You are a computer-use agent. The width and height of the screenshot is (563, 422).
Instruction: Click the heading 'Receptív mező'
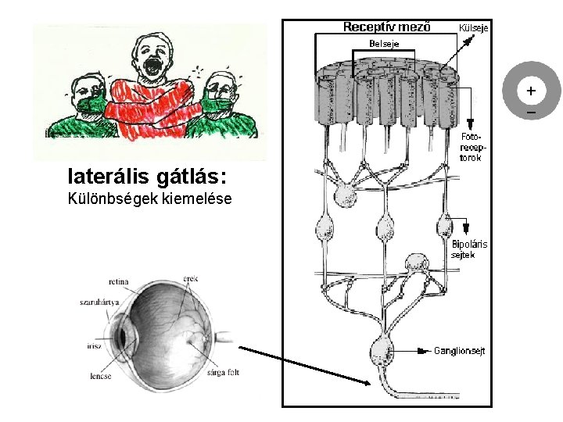[x=386, y=27]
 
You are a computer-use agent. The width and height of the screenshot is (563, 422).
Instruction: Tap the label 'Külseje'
[x=474, y=28]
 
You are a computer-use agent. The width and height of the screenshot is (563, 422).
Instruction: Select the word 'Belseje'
[x=384, y=44]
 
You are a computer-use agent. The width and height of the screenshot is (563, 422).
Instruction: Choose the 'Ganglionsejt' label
[x=459, y=351]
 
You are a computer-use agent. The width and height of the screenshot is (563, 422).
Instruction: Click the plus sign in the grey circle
[x=531, y=91]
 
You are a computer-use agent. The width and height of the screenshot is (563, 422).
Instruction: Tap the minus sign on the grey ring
[x=531, y=114]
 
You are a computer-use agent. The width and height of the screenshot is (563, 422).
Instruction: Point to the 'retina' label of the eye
[x=118, y=281]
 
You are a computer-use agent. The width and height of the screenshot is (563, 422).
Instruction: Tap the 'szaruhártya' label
[x=97, y=301]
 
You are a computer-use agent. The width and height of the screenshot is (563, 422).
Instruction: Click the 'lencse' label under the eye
[x=100, y=376]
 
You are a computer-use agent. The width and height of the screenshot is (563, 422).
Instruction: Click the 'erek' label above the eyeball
[x=191, y=277]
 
